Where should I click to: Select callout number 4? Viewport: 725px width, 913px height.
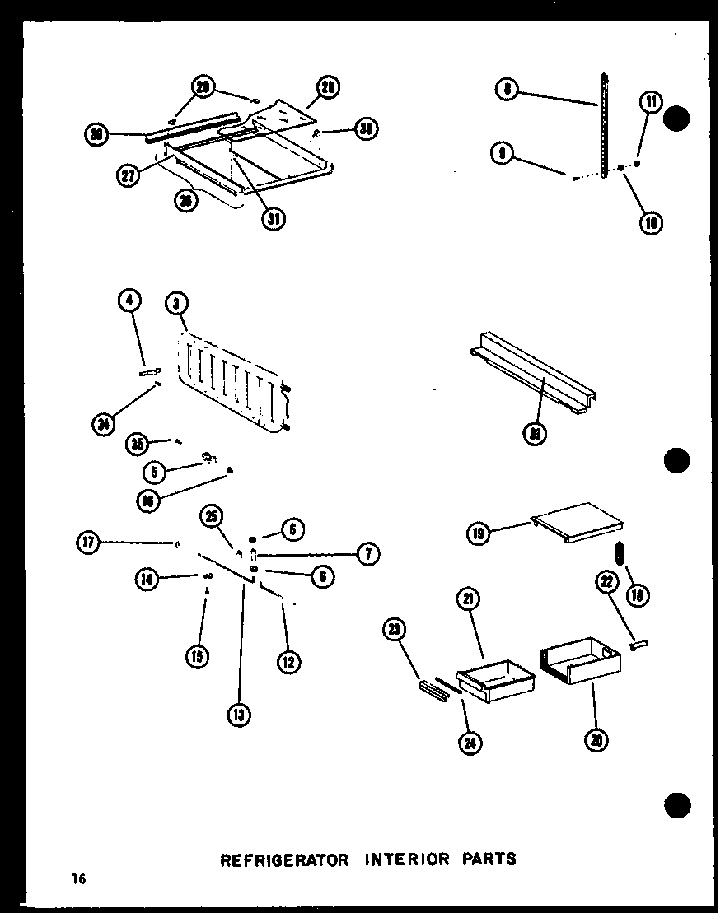(129, 302)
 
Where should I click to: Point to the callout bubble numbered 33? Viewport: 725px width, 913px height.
(536, 434)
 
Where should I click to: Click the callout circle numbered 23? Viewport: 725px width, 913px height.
(395, 631)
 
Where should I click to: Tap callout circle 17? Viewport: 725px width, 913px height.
(89, 543)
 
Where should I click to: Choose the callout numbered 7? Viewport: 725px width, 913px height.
(367, 554)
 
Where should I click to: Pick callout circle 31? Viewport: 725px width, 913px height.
(274, 220)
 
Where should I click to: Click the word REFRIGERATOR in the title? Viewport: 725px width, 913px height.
(276, 859)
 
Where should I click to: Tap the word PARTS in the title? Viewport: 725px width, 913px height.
(489, 859)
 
